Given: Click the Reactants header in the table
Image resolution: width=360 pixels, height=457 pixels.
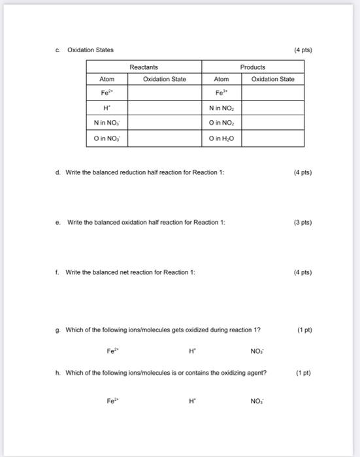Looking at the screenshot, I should coord(144,67).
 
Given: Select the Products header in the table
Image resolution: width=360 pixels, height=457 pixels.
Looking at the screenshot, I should coord(253,67).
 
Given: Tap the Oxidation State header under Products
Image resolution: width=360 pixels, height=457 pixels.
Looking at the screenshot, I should coord(272,80).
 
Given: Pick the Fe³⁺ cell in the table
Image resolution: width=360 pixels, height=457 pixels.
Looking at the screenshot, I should coord(221,93).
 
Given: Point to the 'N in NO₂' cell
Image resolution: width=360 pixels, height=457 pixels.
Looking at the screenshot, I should coord(221,108).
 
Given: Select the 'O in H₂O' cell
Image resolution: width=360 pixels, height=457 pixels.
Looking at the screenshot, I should coord(221,137).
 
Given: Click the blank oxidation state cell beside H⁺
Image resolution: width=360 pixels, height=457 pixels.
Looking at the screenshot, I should coord(164,108).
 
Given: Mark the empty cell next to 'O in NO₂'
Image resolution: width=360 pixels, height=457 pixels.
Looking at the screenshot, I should coord(272,123).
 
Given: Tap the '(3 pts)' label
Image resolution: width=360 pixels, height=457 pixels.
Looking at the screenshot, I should coord(302,222).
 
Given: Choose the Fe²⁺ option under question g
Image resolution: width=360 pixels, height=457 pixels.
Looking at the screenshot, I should coord(112,350).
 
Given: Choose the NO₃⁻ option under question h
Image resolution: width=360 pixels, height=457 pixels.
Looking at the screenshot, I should coord(257,400).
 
